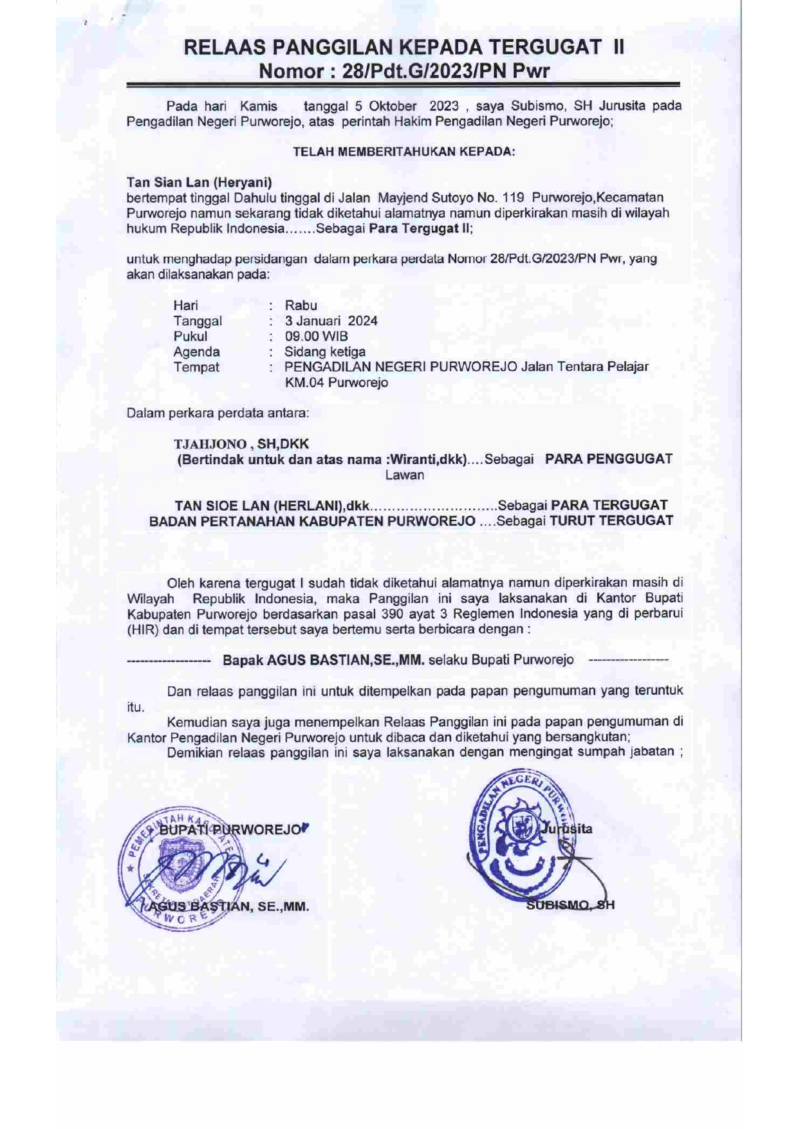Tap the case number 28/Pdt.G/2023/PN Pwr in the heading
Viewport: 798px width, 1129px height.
pos(446,71)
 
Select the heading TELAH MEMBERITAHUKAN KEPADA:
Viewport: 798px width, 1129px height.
pos(404,152)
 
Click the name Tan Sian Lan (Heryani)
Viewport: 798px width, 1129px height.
pos(199,183)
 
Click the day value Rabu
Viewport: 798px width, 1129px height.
pos(301,306)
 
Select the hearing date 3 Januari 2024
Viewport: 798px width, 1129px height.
pos(331,321)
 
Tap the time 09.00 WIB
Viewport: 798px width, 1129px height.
pos(316,336)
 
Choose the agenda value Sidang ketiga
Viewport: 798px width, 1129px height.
pos(325,352)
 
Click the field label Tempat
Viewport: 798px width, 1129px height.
pos(196,367)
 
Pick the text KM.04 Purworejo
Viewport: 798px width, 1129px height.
pos(337,383)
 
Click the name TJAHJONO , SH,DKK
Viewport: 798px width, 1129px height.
pos(241,444)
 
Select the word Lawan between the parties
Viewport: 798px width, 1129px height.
pos(404,475)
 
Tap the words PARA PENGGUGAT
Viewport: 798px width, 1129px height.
pos(608,459)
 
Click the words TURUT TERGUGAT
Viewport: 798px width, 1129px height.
pos(611,521)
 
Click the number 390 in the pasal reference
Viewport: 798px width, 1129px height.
pos(393,614)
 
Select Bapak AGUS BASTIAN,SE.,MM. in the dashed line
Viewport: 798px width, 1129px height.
pos(323,660)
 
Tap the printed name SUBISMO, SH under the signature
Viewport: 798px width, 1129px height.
pos(570,905)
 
